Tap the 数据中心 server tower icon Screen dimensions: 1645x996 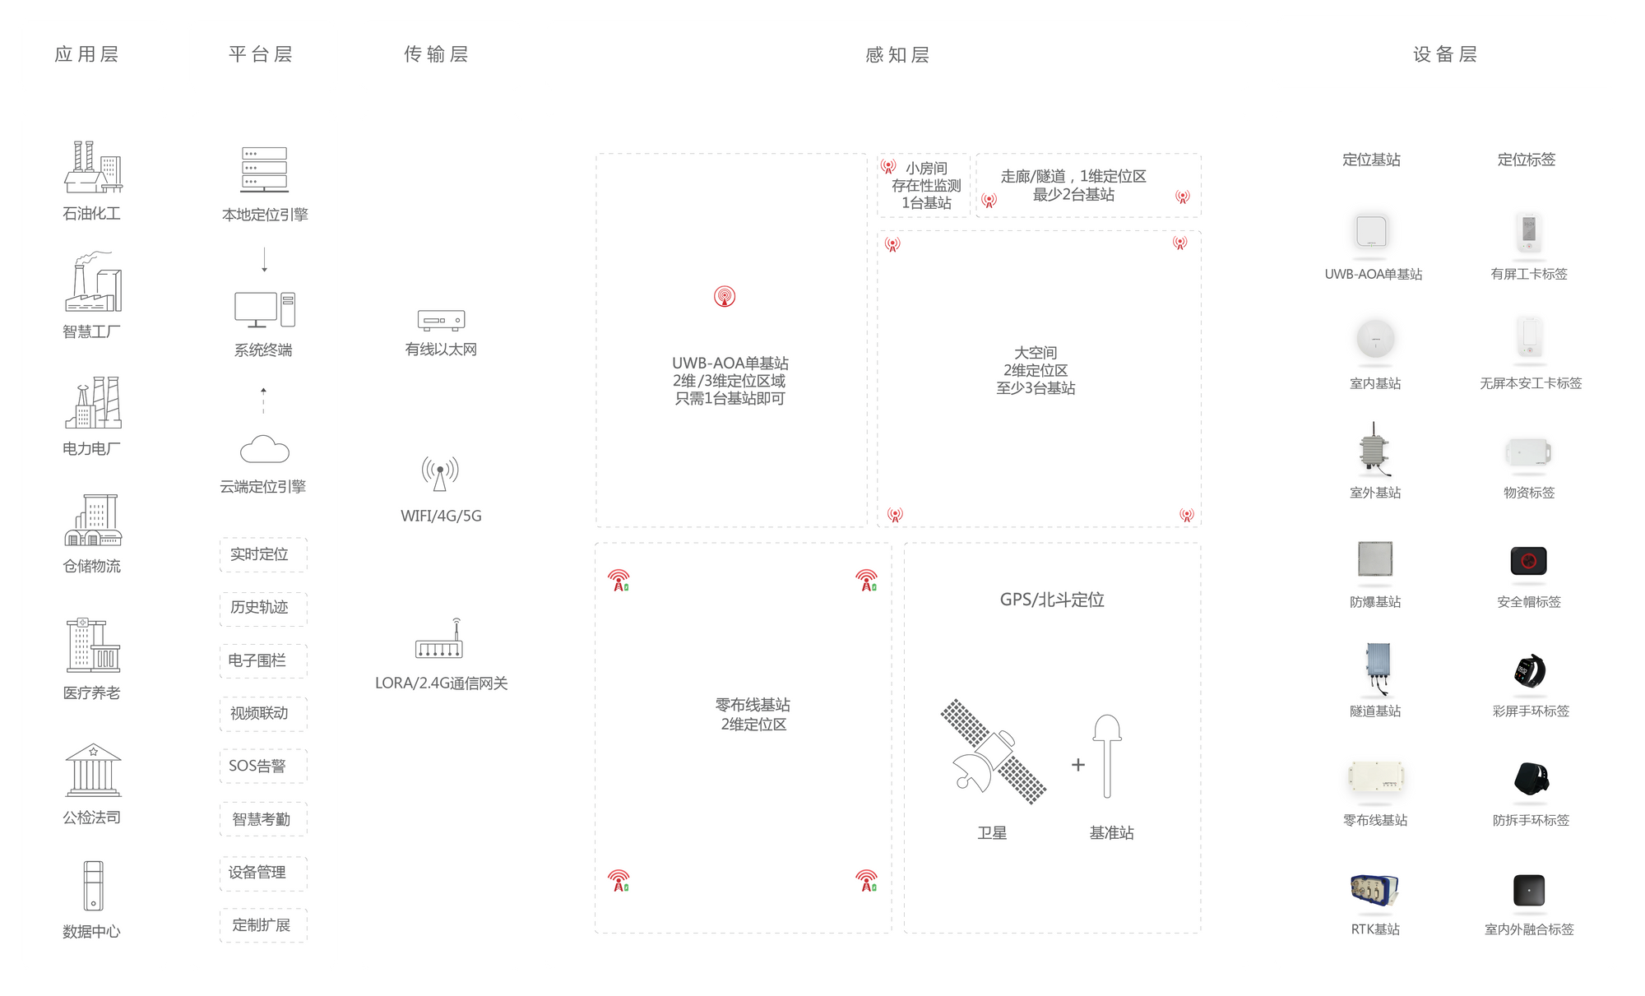[93, 886]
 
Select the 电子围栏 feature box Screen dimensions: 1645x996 [263, 660]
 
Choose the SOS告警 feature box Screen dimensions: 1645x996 [263, 766]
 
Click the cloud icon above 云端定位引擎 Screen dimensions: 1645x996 [264, 449]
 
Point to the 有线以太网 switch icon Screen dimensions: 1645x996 [441, 320]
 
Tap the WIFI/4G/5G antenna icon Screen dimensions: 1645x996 [440, 474]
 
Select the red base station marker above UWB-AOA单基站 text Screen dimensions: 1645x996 [725, 296]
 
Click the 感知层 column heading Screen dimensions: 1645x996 [897, 55]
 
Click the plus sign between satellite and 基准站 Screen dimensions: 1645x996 [1078, 765]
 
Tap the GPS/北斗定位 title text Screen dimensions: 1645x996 [1052, 600]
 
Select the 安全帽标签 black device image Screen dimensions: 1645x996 [1529, 561]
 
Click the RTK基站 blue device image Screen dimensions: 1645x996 [1374, 892]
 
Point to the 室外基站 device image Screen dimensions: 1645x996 [1374, 450]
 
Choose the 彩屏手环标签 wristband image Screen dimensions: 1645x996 [1530, 671]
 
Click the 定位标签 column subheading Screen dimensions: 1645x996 [1527, 160]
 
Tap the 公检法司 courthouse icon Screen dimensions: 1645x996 [93, 770]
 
